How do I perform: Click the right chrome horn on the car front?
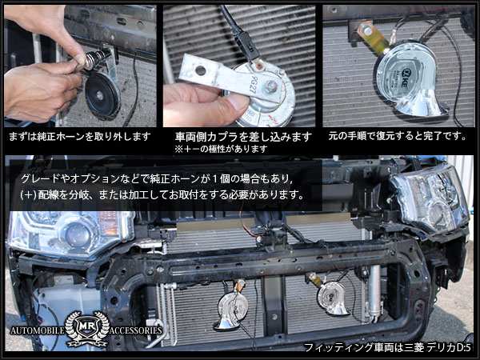(x=329, y=297)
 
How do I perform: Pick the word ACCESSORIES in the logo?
(x=133, y=330)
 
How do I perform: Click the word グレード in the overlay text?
(x=41, y=176)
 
